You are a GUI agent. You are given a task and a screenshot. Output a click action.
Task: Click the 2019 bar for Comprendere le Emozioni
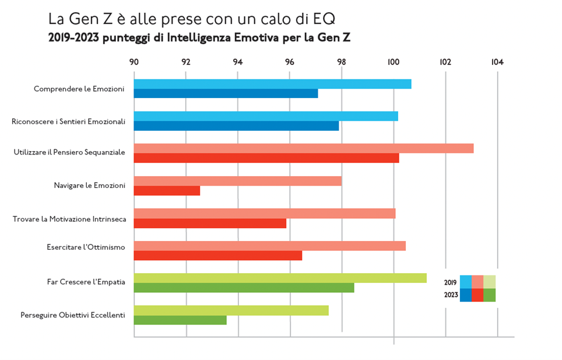click(272, 84)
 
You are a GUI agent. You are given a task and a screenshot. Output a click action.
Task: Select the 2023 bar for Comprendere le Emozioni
click(226, 93)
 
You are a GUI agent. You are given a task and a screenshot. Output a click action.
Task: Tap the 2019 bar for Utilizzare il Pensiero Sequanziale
click(303, 148)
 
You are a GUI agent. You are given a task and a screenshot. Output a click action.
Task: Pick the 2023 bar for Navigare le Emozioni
click(167, 191)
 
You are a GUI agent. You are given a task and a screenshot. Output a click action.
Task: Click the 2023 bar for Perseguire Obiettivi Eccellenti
click(180, 320)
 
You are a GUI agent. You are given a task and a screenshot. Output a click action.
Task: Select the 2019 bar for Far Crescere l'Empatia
click(280, 278)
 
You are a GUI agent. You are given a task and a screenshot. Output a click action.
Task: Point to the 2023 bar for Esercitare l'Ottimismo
click(218, 256)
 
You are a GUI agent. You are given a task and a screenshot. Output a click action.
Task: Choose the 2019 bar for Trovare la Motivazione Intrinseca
click(265, 214)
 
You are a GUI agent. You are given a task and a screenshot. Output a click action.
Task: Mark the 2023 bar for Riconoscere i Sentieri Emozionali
click(236, 126)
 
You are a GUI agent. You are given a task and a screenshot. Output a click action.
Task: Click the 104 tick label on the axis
click(497, 62)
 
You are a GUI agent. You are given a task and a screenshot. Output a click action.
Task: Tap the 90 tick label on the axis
click(134, 62)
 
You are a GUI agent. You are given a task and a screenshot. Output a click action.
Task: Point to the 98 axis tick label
click(342, 62)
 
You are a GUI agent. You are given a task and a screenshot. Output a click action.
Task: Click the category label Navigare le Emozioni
click(89, 186)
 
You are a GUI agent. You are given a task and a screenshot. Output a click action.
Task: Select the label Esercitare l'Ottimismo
click(86, 247)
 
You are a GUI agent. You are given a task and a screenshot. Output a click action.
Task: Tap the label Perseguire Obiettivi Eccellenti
click(73, 315)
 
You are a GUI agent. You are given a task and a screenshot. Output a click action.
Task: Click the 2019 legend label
click(450, 282)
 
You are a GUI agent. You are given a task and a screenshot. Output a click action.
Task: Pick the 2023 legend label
click(450, 295)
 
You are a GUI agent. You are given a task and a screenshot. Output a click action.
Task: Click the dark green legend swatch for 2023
click(490, 295)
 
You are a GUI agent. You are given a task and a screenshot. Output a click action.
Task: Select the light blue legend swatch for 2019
click(466, 282)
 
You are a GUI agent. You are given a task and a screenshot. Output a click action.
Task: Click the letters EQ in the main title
click(324, 19)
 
